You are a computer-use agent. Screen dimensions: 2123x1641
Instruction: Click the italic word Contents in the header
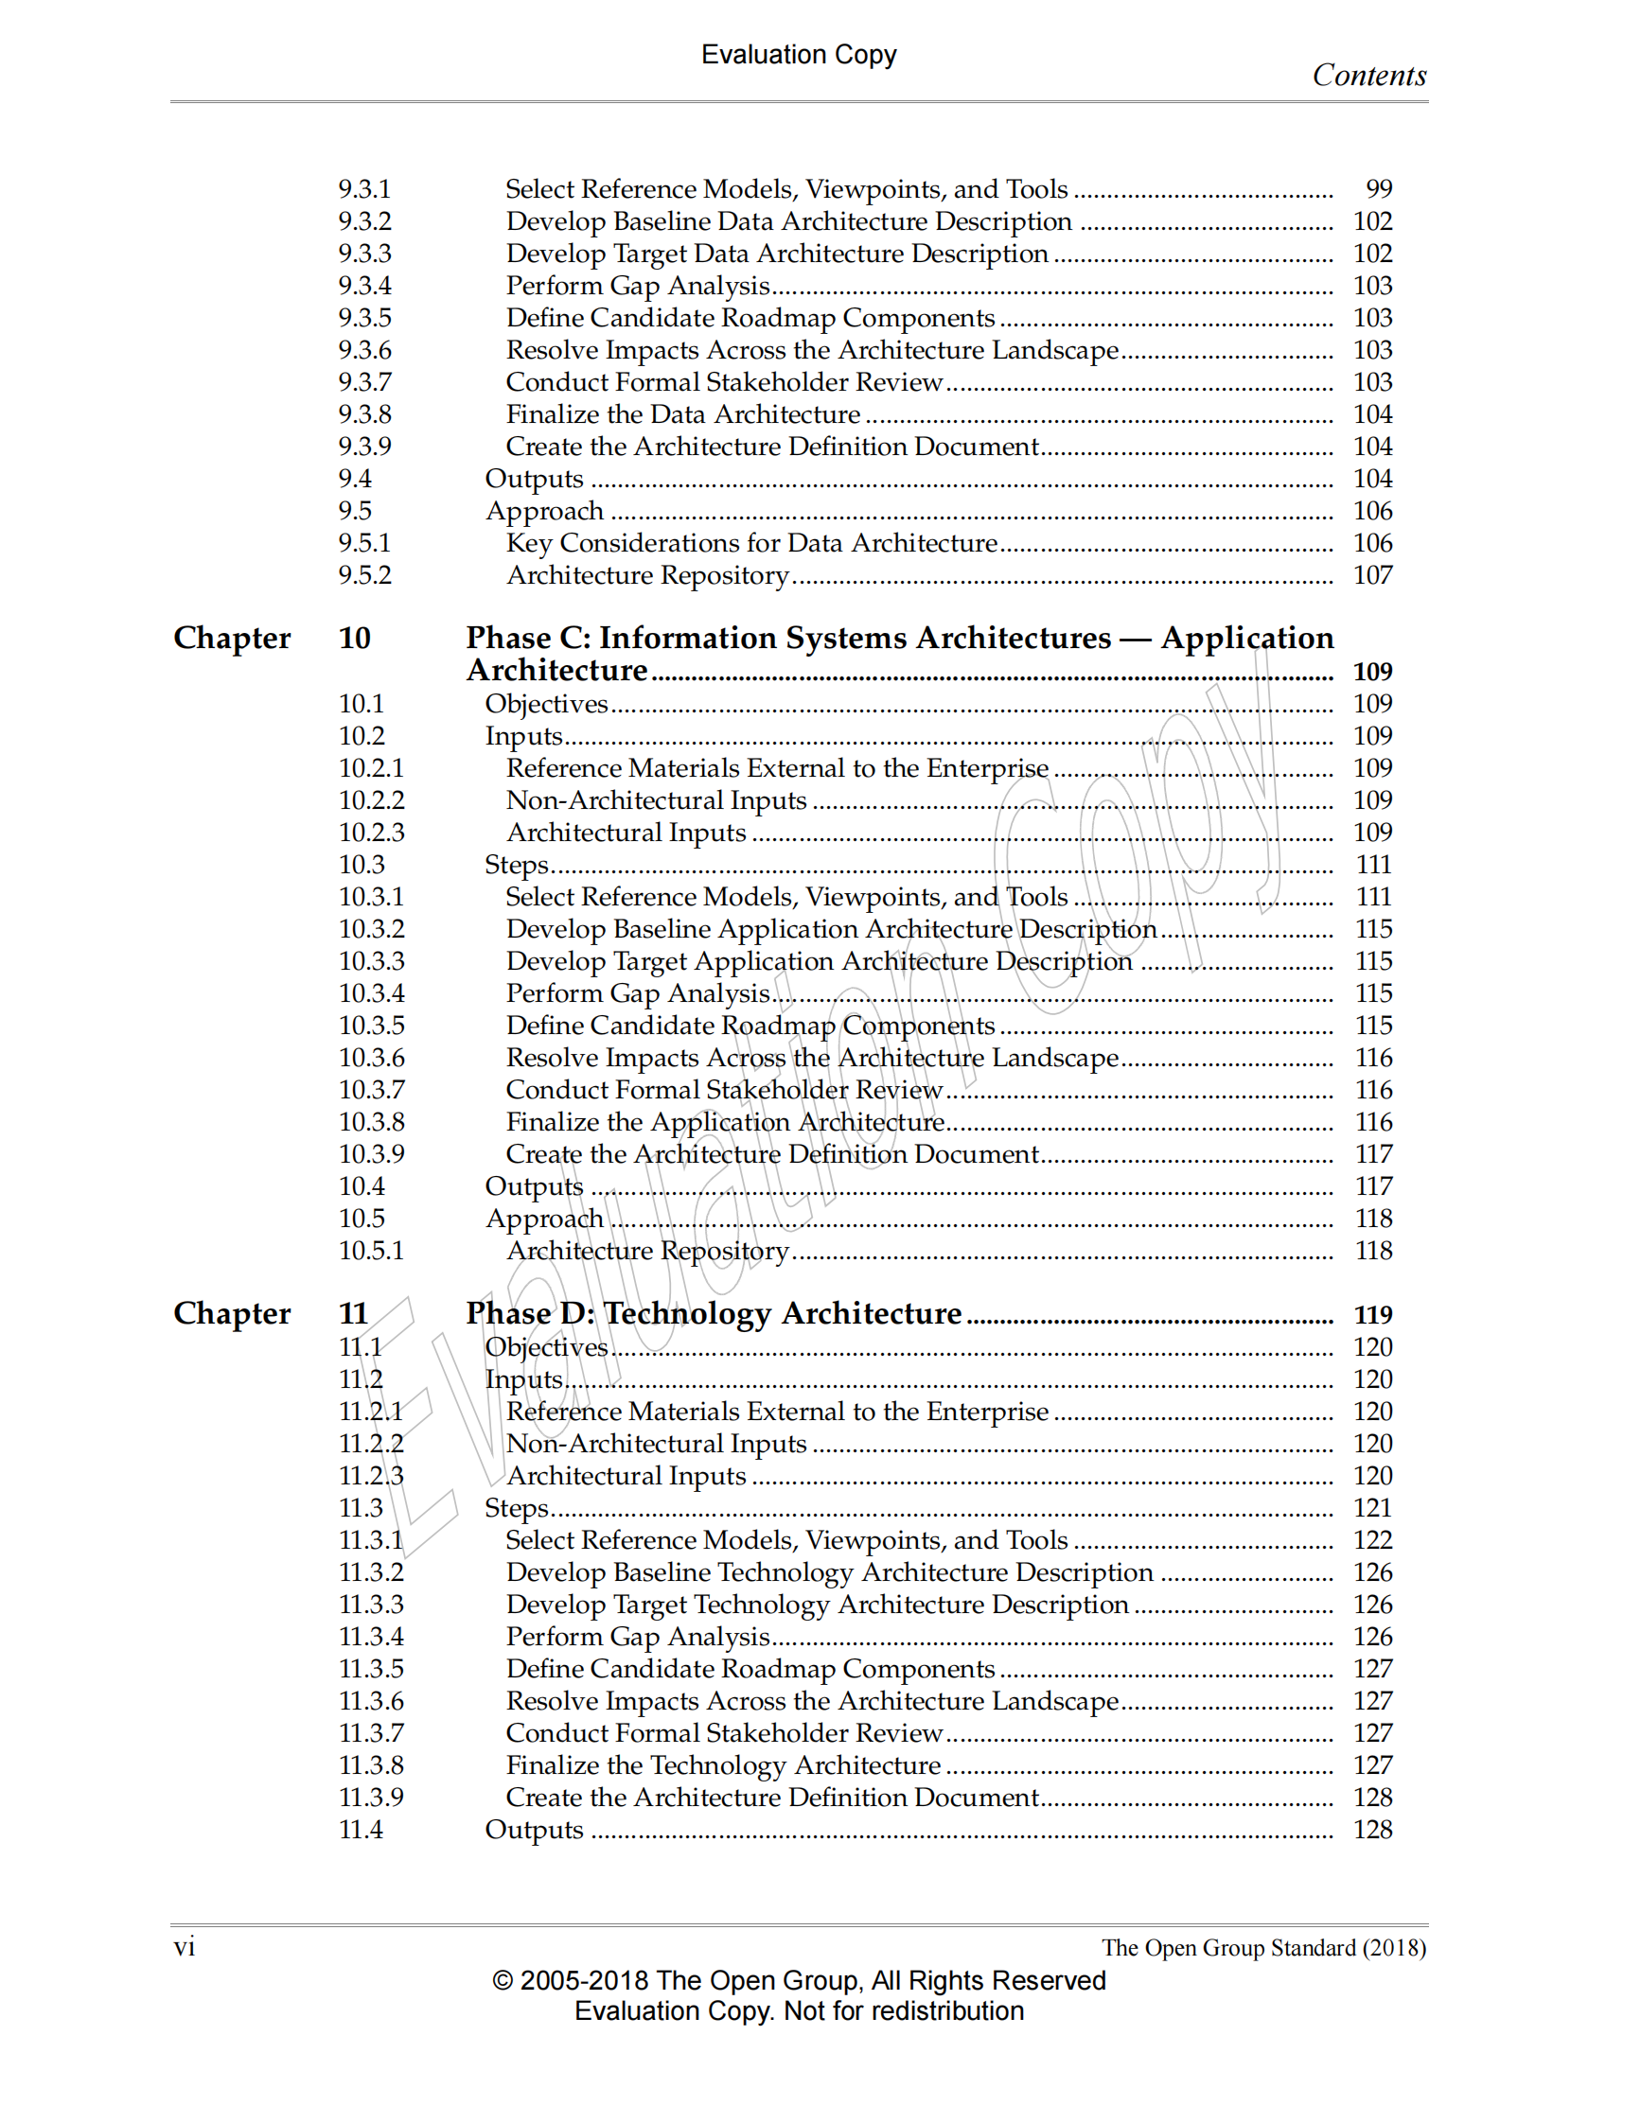1367,76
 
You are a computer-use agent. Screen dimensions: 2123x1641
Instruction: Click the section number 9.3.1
363,188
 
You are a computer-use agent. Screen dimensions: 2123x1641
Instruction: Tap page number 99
1379,188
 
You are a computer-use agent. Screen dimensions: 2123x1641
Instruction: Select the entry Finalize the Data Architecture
682,414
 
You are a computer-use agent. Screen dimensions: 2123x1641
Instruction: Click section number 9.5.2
364,575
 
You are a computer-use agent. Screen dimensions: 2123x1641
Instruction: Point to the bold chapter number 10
354,639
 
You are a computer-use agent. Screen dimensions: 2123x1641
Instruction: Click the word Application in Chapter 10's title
1246,638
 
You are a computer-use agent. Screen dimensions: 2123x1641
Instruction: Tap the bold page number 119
1372,1315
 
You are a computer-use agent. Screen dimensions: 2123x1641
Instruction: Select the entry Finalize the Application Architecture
725,1122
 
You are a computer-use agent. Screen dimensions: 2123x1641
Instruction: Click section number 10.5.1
370,1251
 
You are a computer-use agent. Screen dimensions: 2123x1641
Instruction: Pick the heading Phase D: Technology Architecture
714,1313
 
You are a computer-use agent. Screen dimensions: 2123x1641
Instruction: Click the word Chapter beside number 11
231,1313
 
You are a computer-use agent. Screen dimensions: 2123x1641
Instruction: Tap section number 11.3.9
370,1798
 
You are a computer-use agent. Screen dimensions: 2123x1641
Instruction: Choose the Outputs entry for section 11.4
534,1830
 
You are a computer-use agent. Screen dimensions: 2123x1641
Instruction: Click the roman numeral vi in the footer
184,1947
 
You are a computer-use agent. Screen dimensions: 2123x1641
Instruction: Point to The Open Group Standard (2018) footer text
1262,1948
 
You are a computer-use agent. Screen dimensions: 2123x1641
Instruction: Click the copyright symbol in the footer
502,1980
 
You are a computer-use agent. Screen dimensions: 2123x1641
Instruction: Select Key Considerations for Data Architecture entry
751,543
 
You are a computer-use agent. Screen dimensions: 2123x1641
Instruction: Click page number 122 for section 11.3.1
1372,1540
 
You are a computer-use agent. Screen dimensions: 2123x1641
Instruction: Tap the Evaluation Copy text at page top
798,55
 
